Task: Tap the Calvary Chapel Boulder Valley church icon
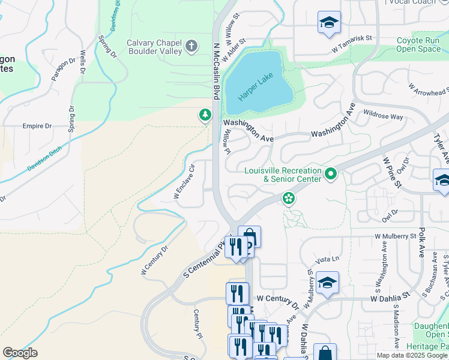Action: tap(191, 47)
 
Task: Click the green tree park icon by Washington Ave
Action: tap(205, 115)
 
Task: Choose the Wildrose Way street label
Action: tap(383, 116)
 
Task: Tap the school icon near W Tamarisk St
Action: tap(328, 23)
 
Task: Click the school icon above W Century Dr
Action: tap(327, 282)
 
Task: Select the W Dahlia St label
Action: tap(390, 296)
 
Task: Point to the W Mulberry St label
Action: tap(396, 236)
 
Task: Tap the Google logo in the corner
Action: tap(20, 353)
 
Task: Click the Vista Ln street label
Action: tap(327, 259)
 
